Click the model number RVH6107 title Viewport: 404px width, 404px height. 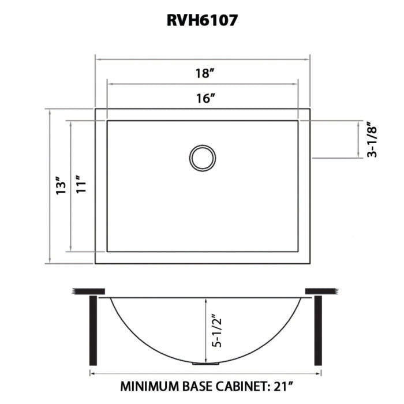click(x=202, y=20)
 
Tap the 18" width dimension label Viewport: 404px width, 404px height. click(x=205, y=73)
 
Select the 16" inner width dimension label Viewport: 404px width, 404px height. click(x=205, y=98)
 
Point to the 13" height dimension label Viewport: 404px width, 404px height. click(x=61, y=185)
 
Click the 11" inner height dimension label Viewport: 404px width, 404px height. click(x=81, y=185)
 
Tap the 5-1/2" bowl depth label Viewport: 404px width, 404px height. click(x=216, y=330)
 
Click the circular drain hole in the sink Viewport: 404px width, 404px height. click(x=203, y=158)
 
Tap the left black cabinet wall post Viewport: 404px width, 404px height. click(x=93, y=331)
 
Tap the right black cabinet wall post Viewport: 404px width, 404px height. click(x=318, y=331)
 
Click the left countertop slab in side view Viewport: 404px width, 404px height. click(x=89, y=291)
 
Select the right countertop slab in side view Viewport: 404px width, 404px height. click(x=321, y=291)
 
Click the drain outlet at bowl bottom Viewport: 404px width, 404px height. click(x=205, y=363)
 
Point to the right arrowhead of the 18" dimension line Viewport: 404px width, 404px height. click(x=308, y=59)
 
